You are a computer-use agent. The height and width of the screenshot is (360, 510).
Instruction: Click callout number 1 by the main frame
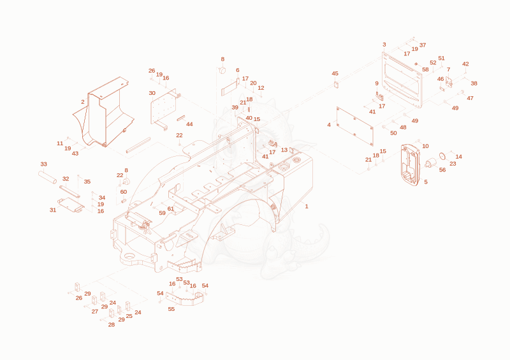tap(307, 206)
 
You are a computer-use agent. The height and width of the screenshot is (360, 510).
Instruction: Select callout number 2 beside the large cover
tap(83, 102)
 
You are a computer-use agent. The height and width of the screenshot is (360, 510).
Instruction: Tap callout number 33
tap(43, 164)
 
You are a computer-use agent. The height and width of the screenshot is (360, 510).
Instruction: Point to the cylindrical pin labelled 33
tap(47, 177)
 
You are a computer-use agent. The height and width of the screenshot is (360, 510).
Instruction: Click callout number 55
tap(171, 309)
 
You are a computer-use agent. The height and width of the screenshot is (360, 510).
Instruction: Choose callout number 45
tap(335, 73)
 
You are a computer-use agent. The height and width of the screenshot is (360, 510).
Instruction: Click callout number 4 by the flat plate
tap(329, 125)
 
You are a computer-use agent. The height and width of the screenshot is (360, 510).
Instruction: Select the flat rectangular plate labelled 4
tap(355, 126)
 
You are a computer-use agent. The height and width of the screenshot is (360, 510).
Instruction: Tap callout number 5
tap(426, 182)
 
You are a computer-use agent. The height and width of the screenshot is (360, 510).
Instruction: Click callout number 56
tap(442, 170)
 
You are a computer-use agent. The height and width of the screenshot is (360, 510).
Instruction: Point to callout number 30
tap(152, 93)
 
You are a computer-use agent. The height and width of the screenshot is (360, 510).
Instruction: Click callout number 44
tap(189, 124)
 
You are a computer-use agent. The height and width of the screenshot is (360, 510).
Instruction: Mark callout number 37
tap(423, 45)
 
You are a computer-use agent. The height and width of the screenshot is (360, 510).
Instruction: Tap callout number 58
tap(425, 69)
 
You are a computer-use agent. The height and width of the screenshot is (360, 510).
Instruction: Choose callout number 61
tap(170, 209)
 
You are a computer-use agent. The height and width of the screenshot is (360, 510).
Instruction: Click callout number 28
tap(111, 324)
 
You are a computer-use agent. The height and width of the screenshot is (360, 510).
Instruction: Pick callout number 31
tap(53, 210)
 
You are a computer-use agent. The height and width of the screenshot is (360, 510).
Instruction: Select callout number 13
tap(284, 150)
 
